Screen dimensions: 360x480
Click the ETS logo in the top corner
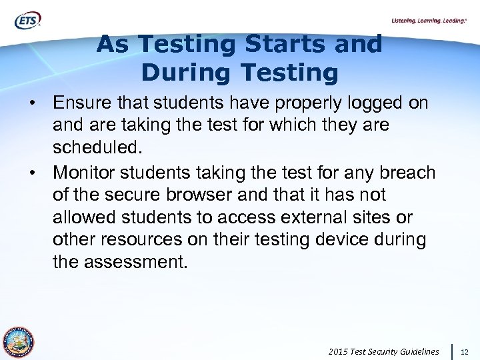27,21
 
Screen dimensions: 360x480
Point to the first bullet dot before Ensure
31,105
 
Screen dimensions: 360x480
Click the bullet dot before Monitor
31,173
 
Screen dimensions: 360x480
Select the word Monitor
86,173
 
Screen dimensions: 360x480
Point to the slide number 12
465,351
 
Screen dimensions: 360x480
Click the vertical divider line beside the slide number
453,351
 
